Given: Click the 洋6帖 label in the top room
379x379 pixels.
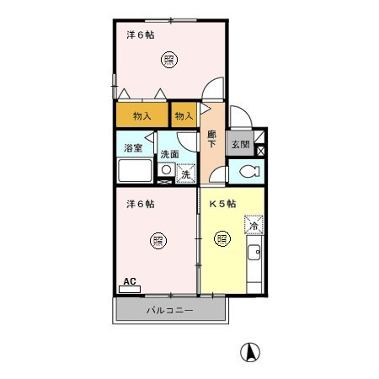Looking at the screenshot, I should pyautogui.click(x=140, y=35).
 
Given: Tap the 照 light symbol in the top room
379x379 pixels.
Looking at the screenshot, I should pyautogui.click(x=168, y=59).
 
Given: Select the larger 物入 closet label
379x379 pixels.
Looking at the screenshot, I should pyautogui.click(x=142, y=116).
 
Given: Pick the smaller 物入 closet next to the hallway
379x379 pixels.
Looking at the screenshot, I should pyautogui.click(x=184, y=116).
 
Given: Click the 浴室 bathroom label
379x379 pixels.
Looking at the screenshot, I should pyautogui.click(x=133, y=148).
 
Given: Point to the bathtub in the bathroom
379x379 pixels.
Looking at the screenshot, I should pyautogui.click(x=134, y=172).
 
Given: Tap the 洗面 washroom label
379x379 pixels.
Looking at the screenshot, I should pyautogui.click(x=169, y=154).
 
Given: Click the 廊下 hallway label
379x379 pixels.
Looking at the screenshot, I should pyautogui.click(x=212, y=139).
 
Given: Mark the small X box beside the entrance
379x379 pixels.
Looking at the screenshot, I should pyautogui.click(x=260, y=152).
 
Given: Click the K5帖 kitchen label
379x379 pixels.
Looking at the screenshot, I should pyautogui.click(x=222, y=204).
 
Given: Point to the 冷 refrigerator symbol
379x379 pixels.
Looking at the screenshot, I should pyautogui.click(x=252, y=224).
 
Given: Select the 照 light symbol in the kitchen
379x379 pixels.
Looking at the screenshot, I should pyautogui.click(x=222, y=238).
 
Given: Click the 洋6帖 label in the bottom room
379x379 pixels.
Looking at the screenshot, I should pyautogui.click(x=140, y=204).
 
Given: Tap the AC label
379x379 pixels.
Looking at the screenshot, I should pyautogui.click(x=130, y=281).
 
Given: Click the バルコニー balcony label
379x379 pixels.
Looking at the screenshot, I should pyautogui.click(x=169, y=311).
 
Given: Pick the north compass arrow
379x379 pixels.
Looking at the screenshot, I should pyautogui.click(x=250, y=351).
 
